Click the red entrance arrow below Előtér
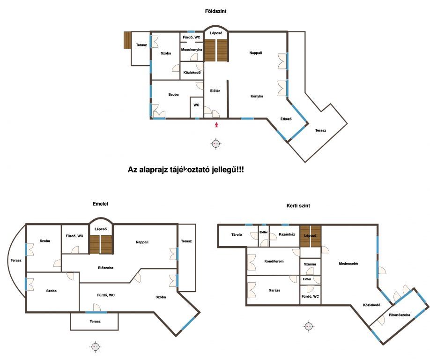point(217,125)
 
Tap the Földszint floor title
point(216,11)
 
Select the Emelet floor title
point(100,204)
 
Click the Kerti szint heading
point(298,205)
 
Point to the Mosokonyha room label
point(192,50)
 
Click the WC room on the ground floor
point(196,105)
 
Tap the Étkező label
point(286,119)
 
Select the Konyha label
point(257,96)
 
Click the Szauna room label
point(310,264)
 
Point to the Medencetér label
point(348,263)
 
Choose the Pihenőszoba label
point(400,315)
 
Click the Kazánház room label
point(287,234)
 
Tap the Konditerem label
point(274,261)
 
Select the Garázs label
point(274,290)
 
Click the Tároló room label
point(237,234)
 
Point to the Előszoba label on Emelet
point(105,268)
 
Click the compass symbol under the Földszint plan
point(216,143)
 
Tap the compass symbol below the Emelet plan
point(95,347)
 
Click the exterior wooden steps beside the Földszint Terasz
point(127,40)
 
